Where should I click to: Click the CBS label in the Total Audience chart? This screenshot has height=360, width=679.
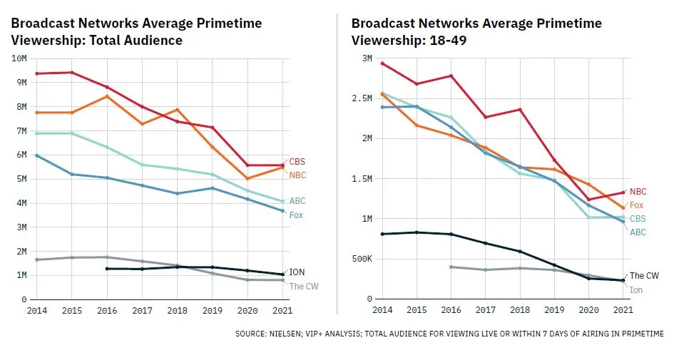pyautogui.click(x=297, y=162)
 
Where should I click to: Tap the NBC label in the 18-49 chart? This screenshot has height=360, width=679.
pyautogui.click(x=638, y=192)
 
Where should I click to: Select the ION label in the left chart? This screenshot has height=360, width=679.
pyautogui.click(x=297, y=272)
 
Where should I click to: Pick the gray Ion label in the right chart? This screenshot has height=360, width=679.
pyautogui.click(x=635, y=290)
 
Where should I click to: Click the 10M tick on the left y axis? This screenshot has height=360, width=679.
pyautogui.click(x=19, y=58)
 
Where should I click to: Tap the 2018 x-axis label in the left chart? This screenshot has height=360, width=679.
pyautogui.click(x=177, y=311)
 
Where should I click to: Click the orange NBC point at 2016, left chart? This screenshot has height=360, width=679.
pyautogui.click(x=107, y=96)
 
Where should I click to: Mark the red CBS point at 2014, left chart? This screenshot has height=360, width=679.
pyautogui.click(x=37, y=73)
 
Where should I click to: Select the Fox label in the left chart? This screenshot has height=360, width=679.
pyautogui.click(x=296, y=215)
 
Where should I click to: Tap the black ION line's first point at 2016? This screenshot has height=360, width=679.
pyautogui.click(x=107, y=269)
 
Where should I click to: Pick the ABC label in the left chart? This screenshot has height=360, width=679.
pyautogui.click(x=297, y=201)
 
